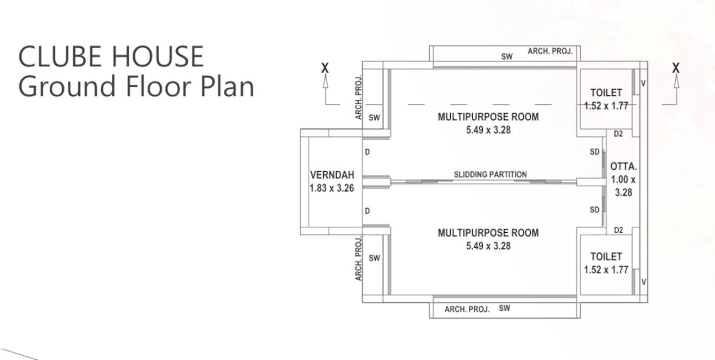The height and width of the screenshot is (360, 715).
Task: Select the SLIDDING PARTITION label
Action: pos(490,174)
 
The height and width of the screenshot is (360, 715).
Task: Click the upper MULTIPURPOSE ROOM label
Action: pos(488,117)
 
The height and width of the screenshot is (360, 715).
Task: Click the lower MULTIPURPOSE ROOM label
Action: pos(488,233)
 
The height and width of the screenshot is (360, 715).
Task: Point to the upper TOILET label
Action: pos(606,93)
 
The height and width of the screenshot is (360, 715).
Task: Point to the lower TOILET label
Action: pos(606,257)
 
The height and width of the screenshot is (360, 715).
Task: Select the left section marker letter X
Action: pos(325,68)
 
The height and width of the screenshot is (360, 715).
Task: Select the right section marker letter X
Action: pos(676,68)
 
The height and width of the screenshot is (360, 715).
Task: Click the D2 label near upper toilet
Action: pos(618,134)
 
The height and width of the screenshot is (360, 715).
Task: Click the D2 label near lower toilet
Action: pos(618,231)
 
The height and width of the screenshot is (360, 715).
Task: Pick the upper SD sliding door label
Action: pos(595,152)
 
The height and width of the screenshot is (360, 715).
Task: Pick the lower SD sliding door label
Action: pos(595,210)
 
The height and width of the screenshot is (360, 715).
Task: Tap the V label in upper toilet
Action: pos(643,83)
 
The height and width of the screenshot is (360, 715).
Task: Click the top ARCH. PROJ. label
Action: pos(550,51)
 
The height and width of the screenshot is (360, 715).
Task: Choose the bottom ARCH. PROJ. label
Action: pos(467,309)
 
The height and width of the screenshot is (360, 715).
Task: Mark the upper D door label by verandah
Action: pos(367,152)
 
